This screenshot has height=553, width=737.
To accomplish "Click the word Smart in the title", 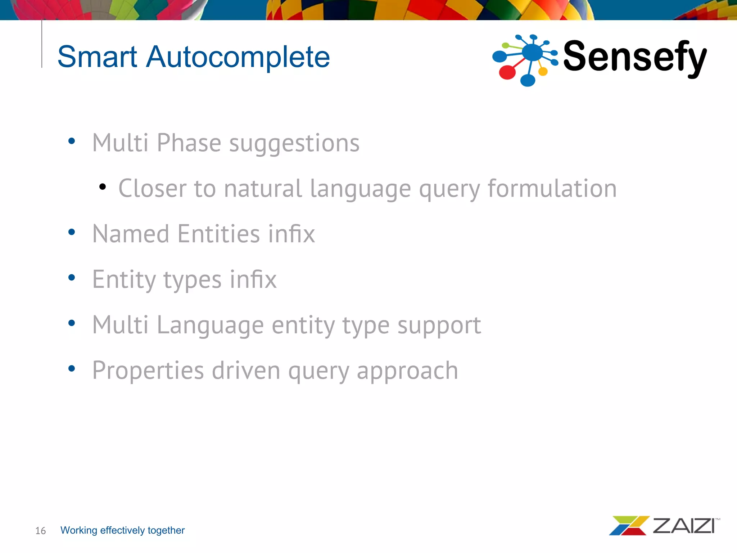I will (x=97, y=57).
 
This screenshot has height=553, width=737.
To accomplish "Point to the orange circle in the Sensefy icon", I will (x=543, y=72).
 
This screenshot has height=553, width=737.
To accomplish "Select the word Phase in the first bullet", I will (x=189, y=143).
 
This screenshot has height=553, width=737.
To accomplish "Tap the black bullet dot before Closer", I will (x=103, y=186).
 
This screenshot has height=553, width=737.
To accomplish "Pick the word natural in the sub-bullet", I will (x=262, y=188).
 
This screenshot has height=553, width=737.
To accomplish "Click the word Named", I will (x=131, y=234).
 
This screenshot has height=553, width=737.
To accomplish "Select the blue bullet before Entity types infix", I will (x=72, y=277).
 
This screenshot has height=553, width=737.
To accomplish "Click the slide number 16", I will (x=40, y=531).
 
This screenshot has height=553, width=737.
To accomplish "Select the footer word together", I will (x=166, y=530).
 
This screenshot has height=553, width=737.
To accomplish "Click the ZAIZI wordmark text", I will (x=684, y=526).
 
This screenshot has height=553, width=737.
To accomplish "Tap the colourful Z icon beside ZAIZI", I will (x=628, y=526).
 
